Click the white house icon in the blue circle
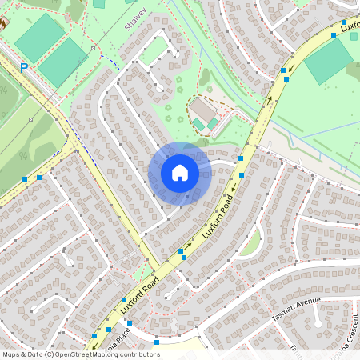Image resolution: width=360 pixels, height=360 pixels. (180, 173)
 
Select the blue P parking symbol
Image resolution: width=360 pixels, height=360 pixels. (24, 69)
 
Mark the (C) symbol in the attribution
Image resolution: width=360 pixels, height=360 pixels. (50, 354)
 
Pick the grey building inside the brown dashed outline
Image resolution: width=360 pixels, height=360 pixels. (202, 111)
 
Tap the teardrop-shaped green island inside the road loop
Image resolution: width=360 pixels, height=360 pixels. (251, 242)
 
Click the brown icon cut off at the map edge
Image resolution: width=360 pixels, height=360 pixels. (2, 24)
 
